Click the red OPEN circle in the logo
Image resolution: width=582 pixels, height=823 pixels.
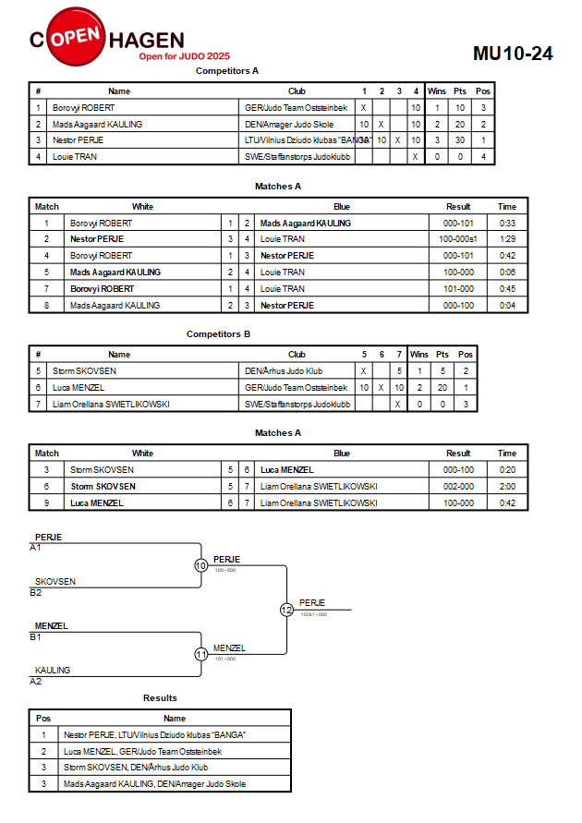[76, 36]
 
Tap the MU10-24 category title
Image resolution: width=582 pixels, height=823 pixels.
[513, 54]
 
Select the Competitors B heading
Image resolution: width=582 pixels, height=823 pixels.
[218, 333]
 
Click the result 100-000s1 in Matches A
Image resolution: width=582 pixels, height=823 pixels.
[458, 239]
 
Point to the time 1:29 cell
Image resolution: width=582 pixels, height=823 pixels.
[507, 239]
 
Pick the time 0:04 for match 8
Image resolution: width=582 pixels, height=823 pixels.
[507, 306]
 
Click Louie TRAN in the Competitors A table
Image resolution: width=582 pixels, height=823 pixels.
[75, 156]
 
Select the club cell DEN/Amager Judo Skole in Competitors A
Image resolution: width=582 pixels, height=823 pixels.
[289, 125]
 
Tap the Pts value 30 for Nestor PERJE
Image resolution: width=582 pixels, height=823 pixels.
[460, 140]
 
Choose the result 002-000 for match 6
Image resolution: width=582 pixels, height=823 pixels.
[458, 487]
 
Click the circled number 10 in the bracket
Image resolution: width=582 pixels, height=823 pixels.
[201, 566]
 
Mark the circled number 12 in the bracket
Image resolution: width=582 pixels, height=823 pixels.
[286, 610]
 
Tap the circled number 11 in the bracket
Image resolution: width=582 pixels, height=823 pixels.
[201, 655]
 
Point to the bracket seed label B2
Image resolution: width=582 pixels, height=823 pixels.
[36, 593]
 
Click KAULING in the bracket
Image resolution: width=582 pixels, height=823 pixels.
[53, 671]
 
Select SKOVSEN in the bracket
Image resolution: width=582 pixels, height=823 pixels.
[55, 582]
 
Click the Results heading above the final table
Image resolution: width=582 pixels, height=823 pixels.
[160, 698]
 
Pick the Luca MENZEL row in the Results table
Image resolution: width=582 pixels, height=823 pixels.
[143, 752]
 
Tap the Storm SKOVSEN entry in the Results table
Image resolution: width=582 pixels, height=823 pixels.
[136, 768]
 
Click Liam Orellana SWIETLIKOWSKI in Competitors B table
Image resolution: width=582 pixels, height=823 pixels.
[111, 405]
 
